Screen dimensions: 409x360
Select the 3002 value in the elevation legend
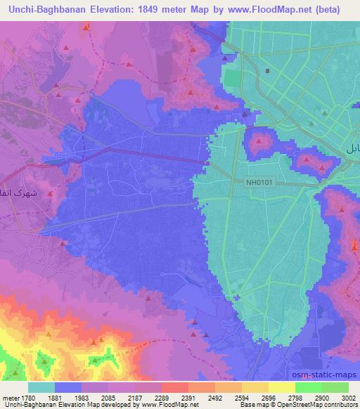tap(349, 397)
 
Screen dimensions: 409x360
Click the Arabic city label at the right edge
tap(352, 149)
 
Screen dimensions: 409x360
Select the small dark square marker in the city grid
tap(268, 71)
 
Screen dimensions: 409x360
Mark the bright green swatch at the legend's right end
tap(335, 387)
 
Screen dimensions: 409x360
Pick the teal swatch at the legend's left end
tap(41, 387)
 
